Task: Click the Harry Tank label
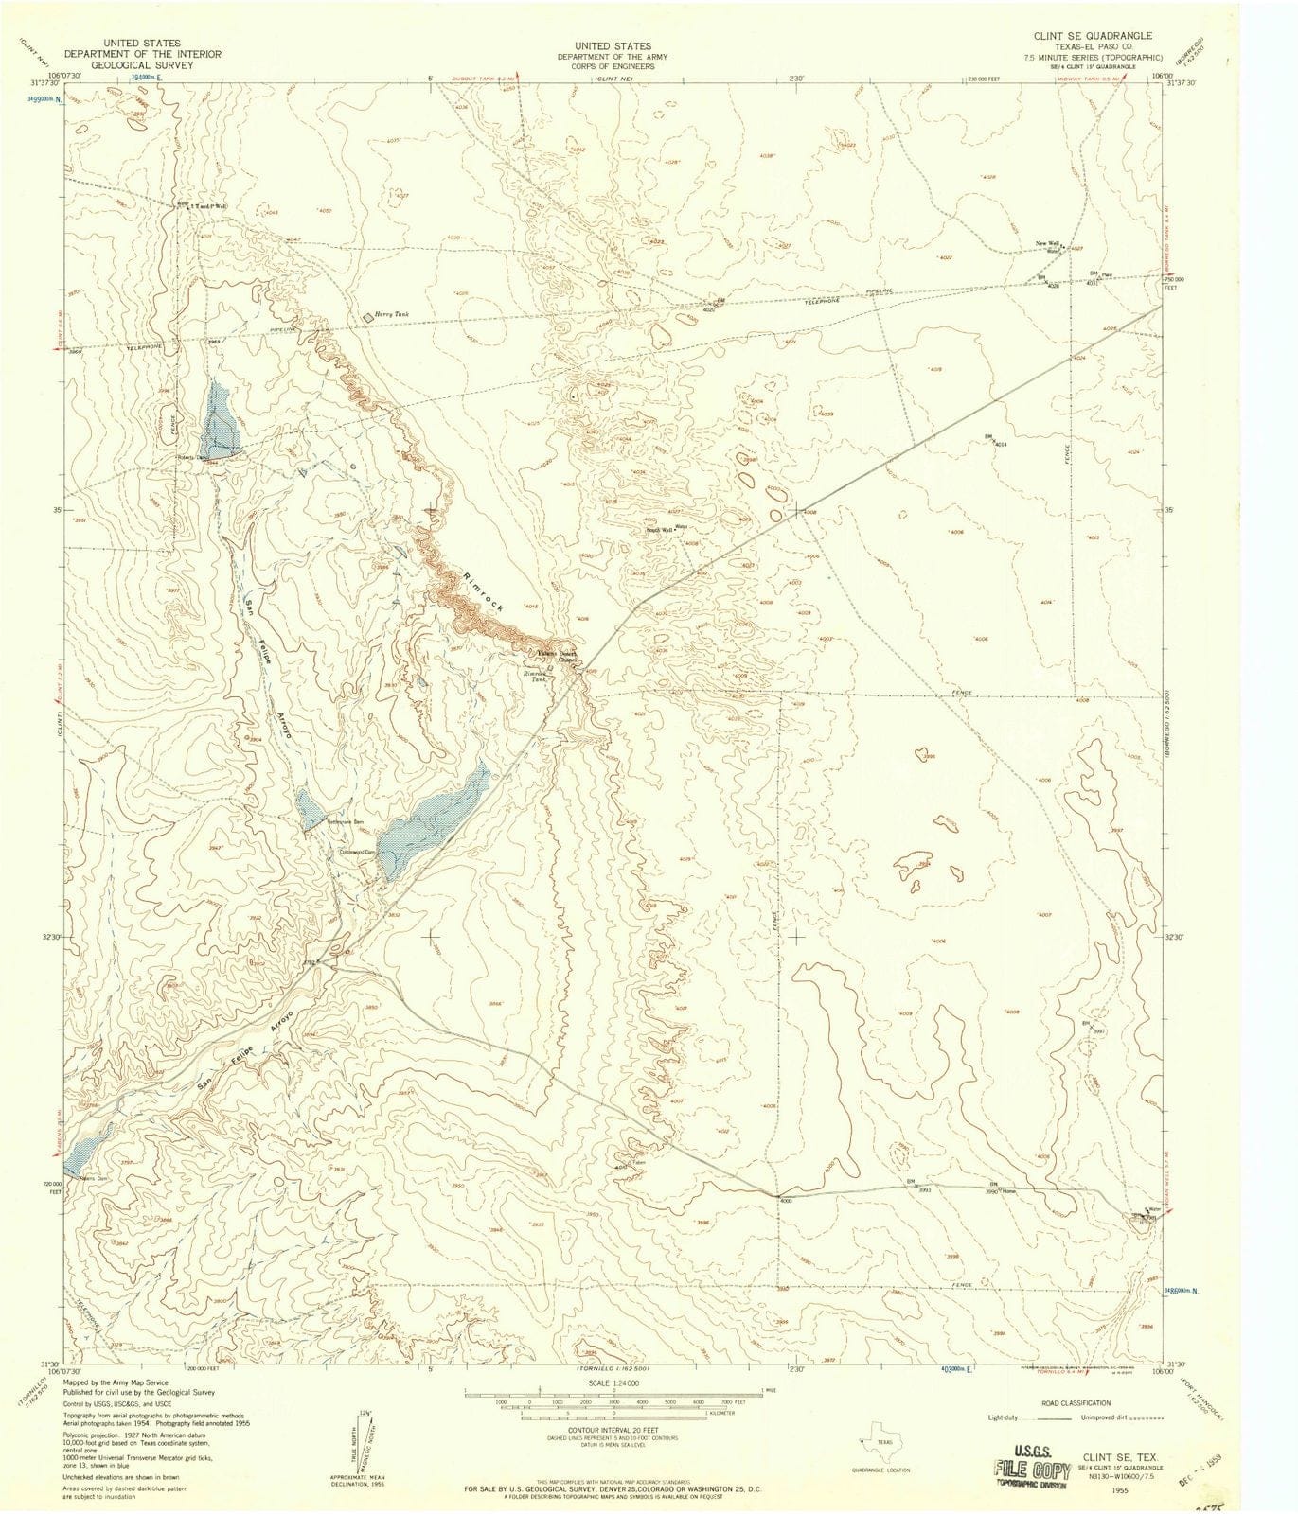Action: tap(390, 314)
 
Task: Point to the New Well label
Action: tap(1046, 244)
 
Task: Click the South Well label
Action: tap(660, 530)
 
